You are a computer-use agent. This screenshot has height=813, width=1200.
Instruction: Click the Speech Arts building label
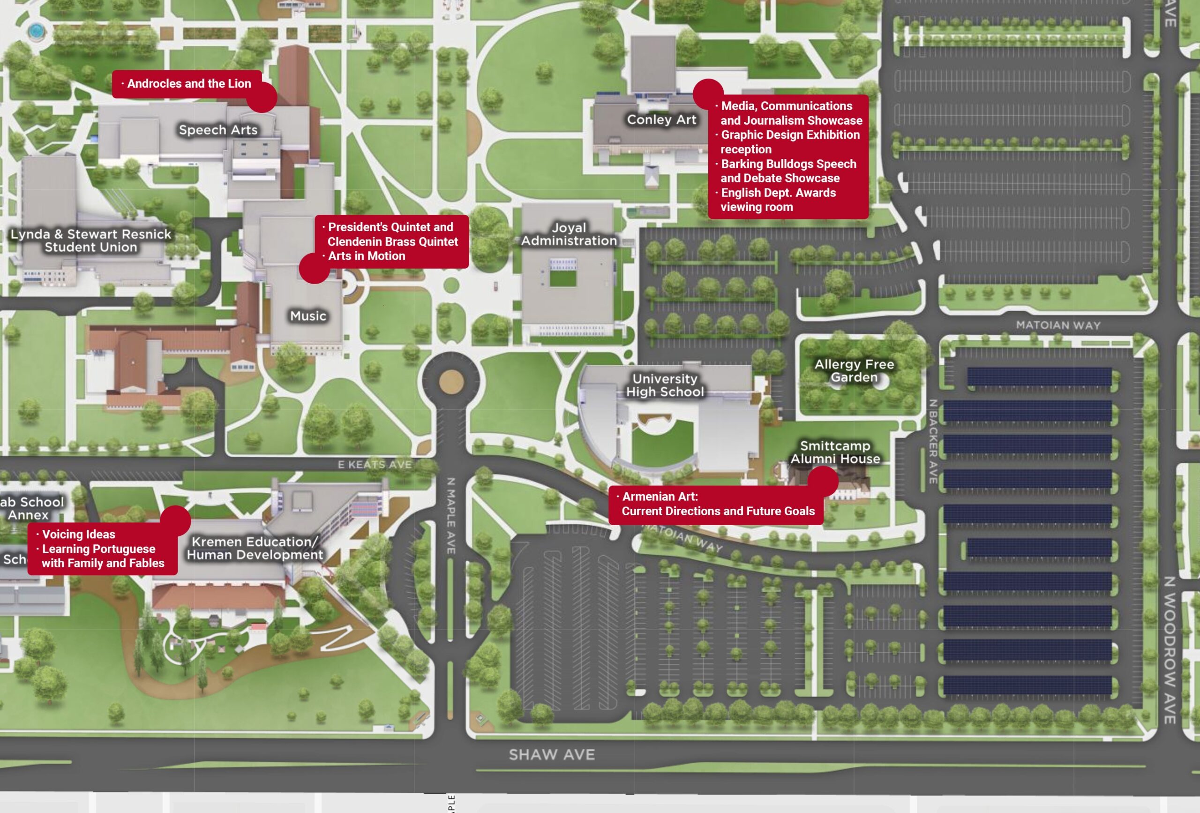tap(218, 130)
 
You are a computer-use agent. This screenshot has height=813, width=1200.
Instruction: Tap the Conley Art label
tap(661, 120)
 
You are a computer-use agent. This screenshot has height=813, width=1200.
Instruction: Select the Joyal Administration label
tap(569, 234)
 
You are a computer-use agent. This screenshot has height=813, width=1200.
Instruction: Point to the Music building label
tap(308, 316)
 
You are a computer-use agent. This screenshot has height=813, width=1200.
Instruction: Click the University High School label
tap(665, 385)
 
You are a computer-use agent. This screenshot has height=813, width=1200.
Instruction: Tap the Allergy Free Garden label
tap(854, 370)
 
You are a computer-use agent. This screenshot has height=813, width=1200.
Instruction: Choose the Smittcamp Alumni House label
tap(835, 452)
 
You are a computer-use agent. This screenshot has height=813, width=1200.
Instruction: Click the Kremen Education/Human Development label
tap(255, 548)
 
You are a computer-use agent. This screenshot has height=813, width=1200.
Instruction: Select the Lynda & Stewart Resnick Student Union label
tap(91, 241)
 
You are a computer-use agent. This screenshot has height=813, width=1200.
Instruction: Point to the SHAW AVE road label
tap(552, 755)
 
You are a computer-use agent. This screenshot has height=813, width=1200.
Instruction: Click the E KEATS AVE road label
tap(375, 464)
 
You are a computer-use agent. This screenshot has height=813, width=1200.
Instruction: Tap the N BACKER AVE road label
tap(933, 442)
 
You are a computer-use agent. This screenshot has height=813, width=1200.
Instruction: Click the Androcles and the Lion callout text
tap(188, 83)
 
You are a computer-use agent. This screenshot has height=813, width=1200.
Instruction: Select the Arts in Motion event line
tap(367, 256)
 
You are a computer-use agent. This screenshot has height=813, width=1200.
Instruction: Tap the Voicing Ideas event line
tap(78, 534)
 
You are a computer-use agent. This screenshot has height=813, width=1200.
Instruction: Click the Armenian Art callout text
tap(718, 504)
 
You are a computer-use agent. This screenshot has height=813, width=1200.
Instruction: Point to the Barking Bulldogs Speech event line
tap(788, 171)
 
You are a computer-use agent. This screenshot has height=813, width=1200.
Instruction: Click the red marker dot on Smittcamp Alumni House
tap(823, 481)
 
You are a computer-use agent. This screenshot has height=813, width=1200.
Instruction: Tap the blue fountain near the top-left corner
tap(35, 31)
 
